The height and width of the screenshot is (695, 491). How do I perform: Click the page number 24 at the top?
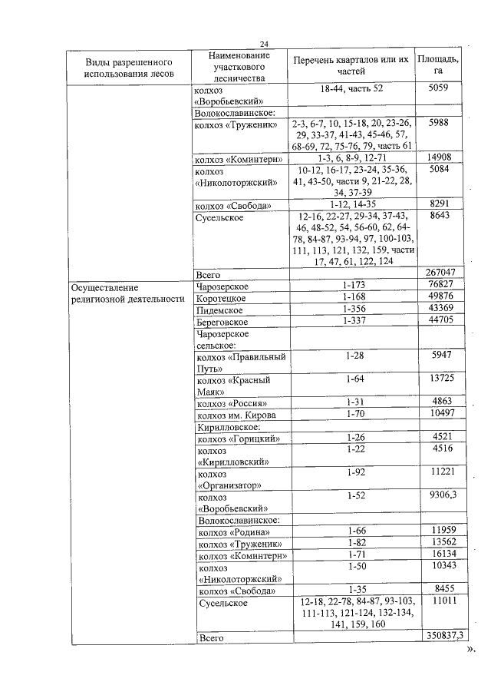click(263, 44)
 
